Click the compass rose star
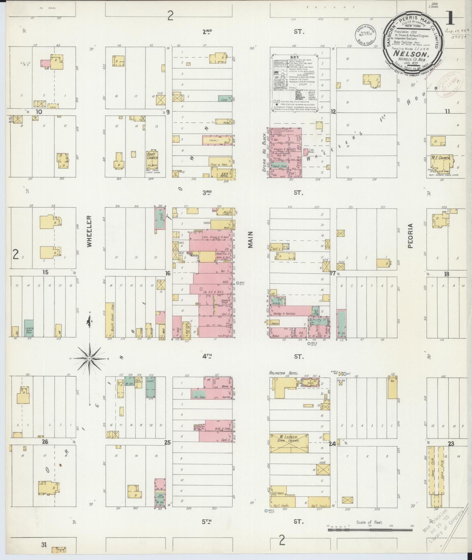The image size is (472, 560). click(90, 358)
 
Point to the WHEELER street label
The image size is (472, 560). click(89, 231)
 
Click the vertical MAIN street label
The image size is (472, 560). click(250, 240)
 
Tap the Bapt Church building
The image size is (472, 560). click(152, 160)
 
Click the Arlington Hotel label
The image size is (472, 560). click(284, 373)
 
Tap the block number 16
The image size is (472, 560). click(167, 273)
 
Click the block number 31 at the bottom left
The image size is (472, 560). click(44, 545)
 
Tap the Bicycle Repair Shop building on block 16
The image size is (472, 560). click(109, 320)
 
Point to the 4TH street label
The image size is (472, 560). click(207, 356)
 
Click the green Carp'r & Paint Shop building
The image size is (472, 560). click(29, 328)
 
